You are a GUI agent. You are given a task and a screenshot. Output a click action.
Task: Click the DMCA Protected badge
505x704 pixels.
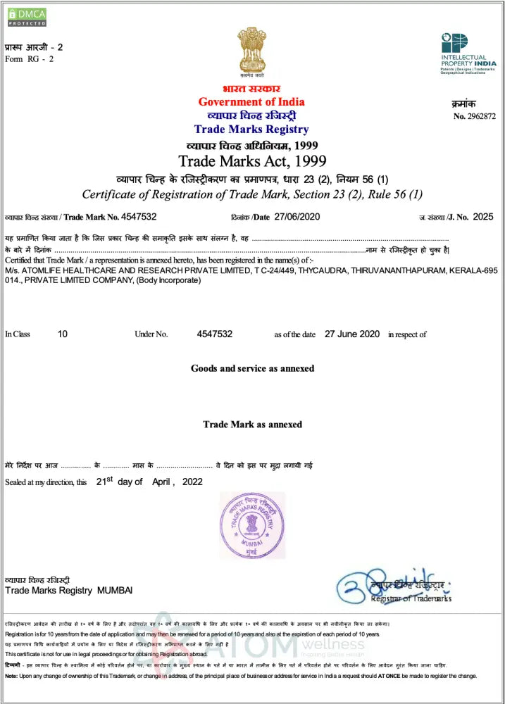pos(26,16)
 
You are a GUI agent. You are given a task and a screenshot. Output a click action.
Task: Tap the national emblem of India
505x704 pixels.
pos(251,51)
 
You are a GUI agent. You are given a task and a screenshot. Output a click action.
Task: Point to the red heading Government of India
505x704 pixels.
pos(251,102)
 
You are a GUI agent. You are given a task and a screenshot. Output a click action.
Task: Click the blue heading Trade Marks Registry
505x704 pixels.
pos(251,129)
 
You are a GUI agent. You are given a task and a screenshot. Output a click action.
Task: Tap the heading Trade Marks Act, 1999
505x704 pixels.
pos(251,161)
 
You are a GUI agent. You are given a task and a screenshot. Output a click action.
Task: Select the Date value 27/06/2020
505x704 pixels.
pos(297,217)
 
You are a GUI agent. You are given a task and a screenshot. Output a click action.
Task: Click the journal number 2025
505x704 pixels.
pos(484,217)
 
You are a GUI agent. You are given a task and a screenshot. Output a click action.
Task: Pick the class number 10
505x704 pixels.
pos(63,334)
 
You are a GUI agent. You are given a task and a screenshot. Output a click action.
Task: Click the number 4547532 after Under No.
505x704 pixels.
pos(214,334)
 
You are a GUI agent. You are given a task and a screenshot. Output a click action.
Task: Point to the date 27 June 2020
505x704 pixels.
pos(352,334)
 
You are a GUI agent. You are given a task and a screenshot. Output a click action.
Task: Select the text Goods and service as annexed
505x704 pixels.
pos(252,368)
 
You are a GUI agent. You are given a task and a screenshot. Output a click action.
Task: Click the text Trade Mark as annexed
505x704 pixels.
pos(252,425)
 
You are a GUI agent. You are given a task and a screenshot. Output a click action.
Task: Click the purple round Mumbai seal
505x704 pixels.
pos(252,524)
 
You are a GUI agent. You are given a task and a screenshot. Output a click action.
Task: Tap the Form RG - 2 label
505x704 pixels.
pos(30,58)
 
